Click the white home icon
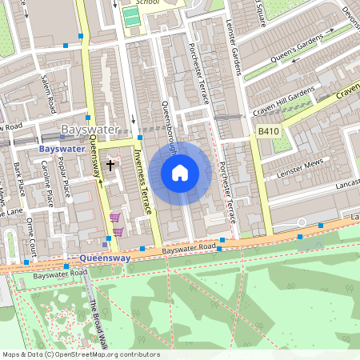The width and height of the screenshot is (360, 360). [180, 172]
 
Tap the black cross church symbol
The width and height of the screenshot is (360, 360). [110, 165]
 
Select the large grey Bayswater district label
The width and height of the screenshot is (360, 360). [90, 130]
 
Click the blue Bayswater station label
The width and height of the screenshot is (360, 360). [62, 149]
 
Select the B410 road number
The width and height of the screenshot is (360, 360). [269, 130]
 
